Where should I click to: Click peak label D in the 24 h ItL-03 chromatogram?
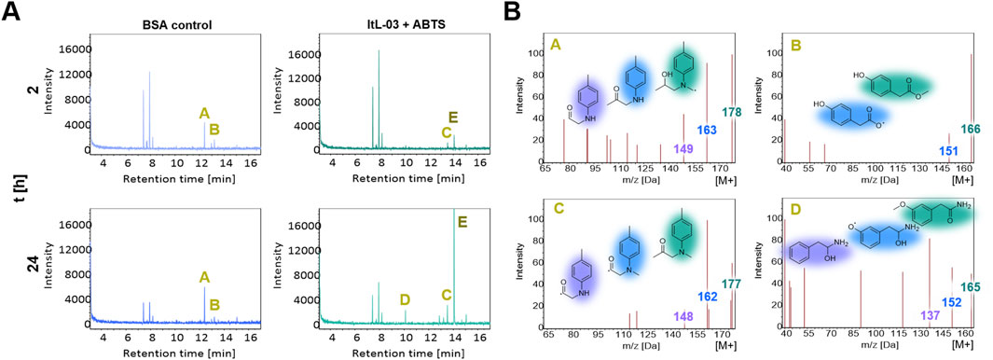(405, 299)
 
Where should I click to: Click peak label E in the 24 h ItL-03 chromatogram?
(462, 222)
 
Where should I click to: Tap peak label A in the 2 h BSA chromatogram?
(204, 113)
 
